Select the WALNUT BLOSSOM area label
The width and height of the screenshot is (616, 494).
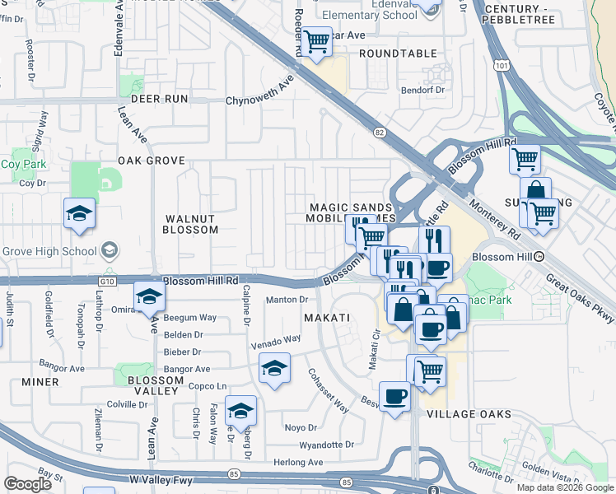(191, 224)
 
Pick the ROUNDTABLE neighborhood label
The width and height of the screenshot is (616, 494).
(398, 54)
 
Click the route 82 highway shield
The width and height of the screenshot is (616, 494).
(379, 132)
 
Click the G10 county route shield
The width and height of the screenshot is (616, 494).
(105, 282)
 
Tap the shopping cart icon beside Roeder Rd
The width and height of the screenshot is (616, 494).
(317, 40)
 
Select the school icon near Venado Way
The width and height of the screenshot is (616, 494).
(274, 368)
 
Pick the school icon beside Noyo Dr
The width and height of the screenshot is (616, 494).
(240, 410)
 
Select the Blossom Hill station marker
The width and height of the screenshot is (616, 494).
(539, 257)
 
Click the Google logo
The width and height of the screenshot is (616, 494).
(27, 484)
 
